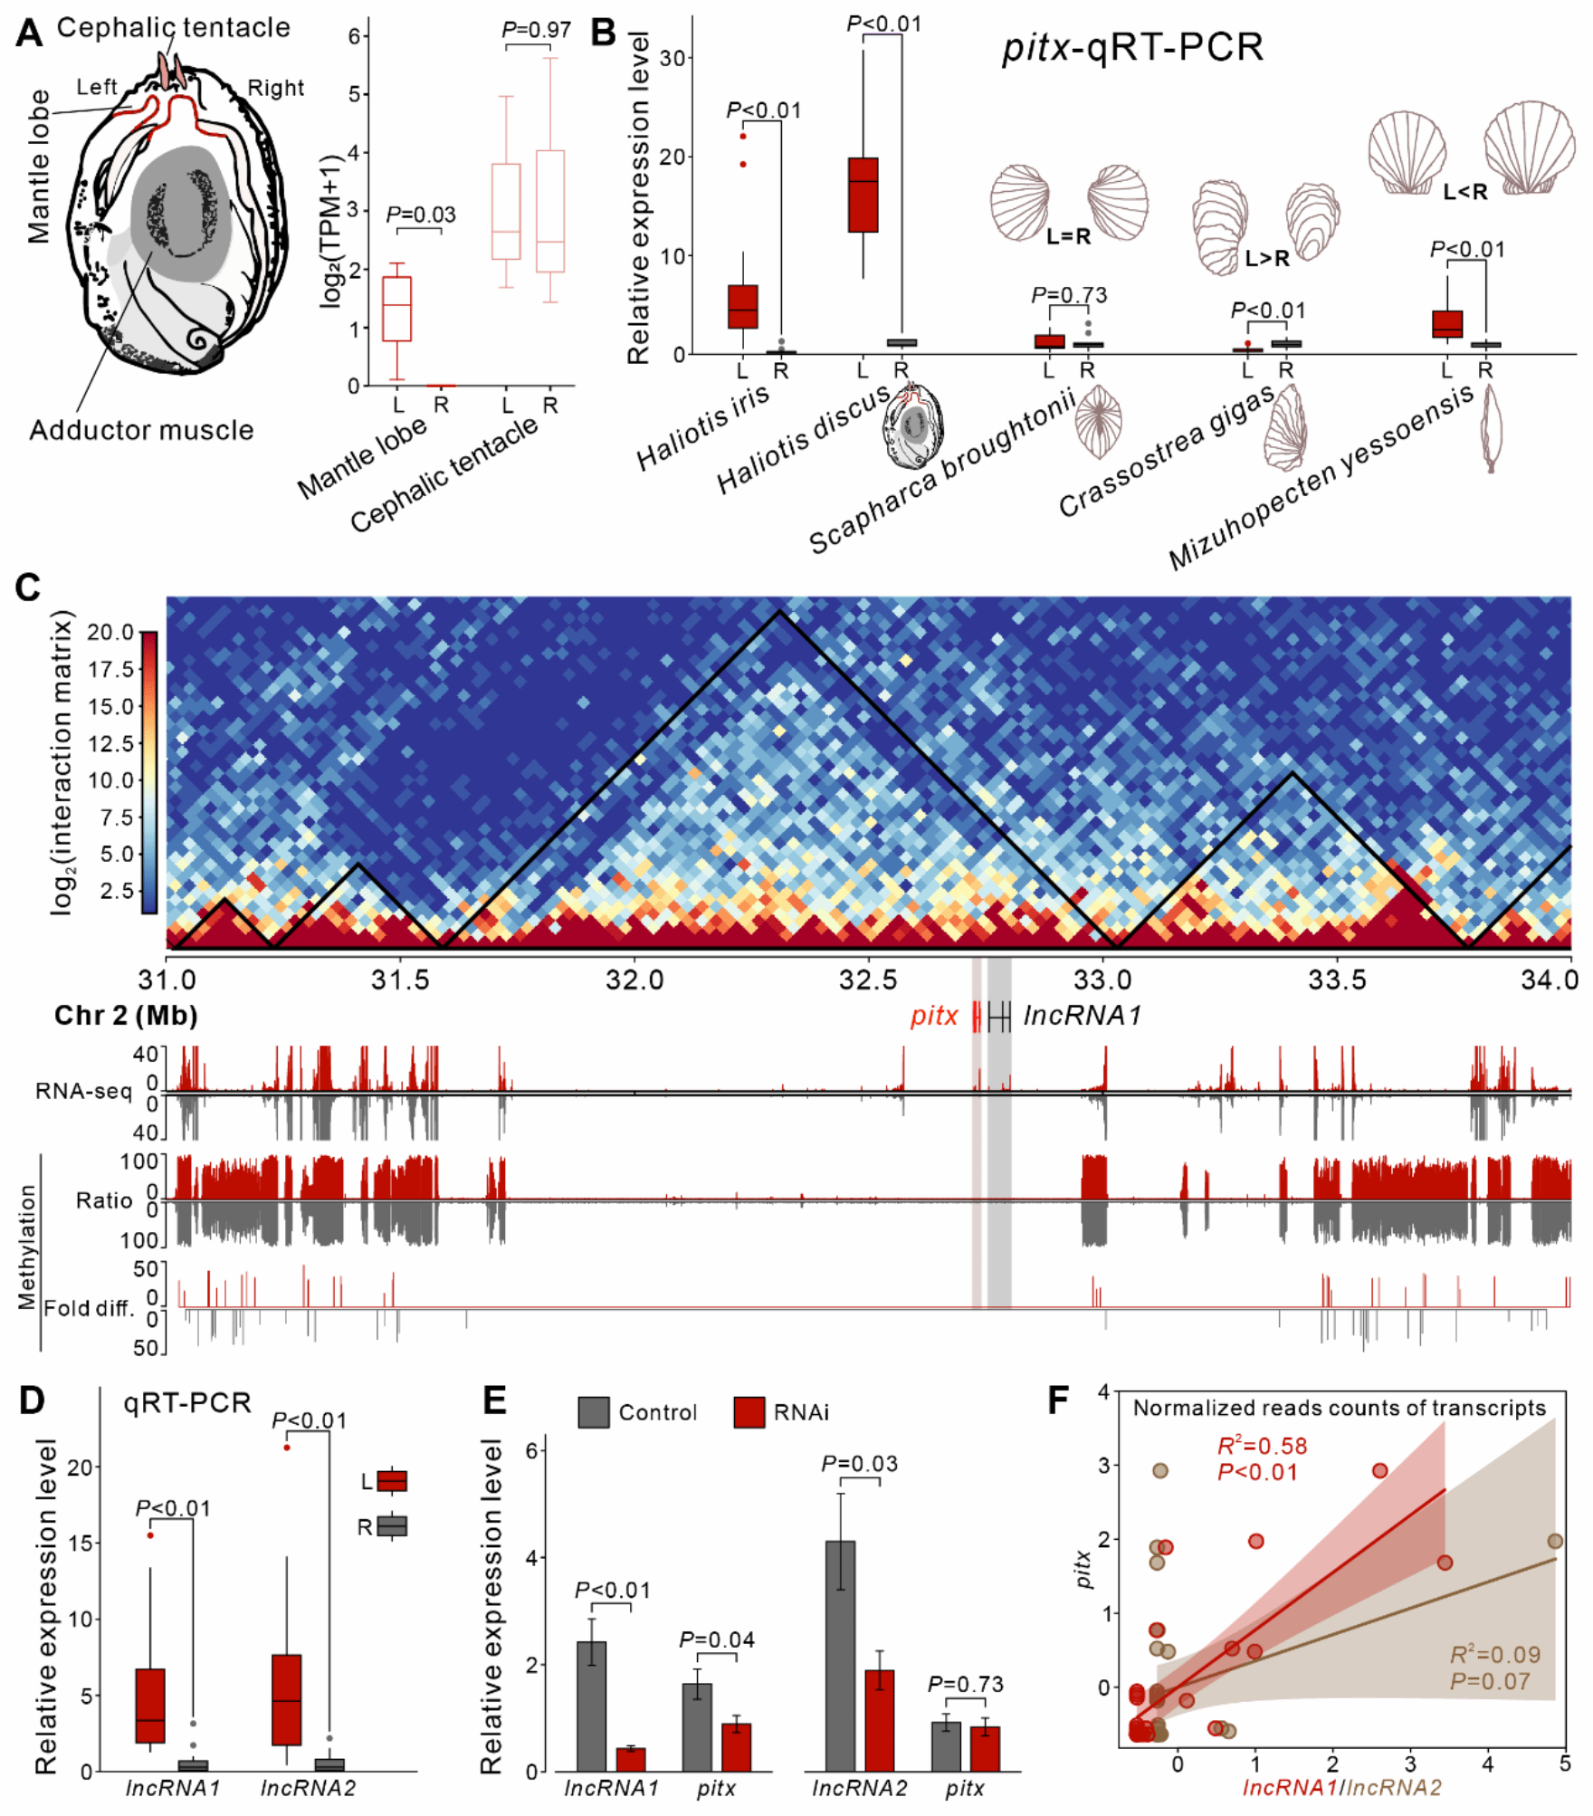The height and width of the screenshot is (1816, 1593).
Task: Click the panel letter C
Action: (28, 588)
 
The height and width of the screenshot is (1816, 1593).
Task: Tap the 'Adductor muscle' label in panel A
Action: (141, 430)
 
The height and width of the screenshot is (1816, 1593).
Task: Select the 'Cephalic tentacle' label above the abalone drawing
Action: (174, 27)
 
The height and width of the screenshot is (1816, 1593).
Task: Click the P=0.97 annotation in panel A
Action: (537, 30)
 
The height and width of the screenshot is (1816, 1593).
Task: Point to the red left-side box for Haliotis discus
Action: (863, 195)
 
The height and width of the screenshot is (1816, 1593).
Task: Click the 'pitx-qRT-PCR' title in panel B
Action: (1132, 47)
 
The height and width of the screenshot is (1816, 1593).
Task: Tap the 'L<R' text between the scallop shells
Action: (1465, 192)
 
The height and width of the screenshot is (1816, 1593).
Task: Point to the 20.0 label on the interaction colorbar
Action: (111, 632)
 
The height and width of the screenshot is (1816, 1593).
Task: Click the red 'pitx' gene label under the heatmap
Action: (934, 1016)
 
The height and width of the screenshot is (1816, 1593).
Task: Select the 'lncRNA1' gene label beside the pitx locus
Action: (1083, 1016)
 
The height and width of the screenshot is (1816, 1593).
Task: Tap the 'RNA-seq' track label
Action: (84, 1091)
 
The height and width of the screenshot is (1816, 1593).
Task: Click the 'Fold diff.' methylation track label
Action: (89, 1307)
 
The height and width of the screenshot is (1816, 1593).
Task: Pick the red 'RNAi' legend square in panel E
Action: (749, 1412)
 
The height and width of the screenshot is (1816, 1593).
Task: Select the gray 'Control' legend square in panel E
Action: (594, 1412)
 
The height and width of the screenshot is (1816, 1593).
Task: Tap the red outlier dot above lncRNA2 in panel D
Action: (287, 1448)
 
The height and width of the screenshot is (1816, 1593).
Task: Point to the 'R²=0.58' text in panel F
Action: (1263, 1446)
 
